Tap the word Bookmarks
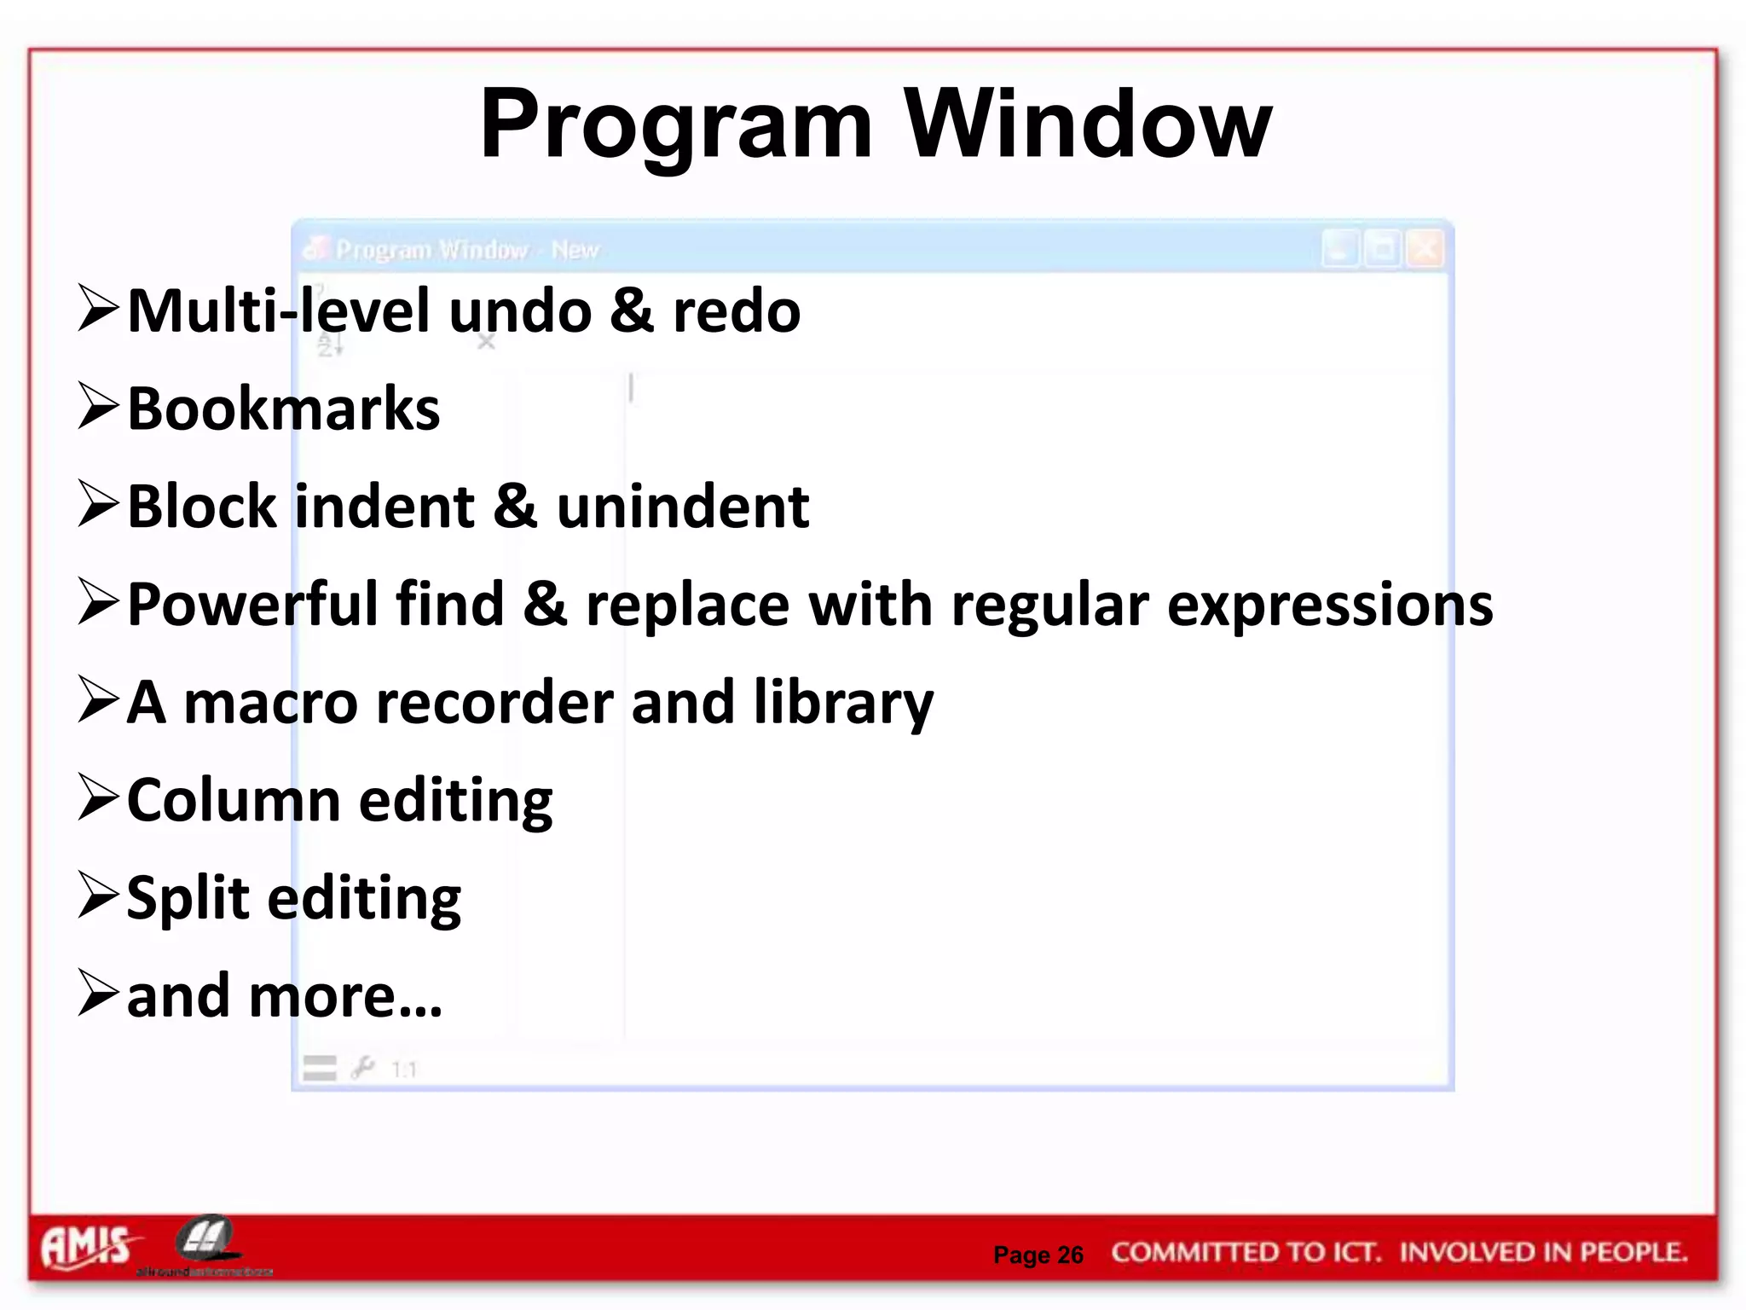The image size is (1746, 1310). (x=283, y=409)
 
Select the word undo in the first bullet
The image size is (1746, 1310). (x=520, y=311)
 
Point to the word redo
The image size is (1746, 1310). (x=737, y=311)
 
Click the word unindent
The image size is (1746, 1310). (x=683, y=507)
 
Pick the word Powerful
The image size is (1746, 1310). (x=251, y=605)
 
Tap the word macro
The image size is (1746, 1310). (x=271, y=703)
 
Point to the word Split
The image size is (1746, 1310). (x=188, y=899)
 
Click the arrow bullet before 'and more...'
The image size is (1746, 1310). (x=97, y=993)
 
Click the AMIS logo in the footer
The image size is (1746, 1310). (x=85, y=1248)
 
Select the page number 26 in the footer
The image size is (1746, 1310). (x=1070, y=1255)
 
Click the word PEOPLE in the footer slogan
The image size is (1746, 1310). (x=1633, y=1251)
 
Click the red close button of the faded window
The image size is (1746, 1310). (x=1425, y=249)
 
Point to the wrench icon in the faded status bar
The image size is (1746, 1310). (x=362, y=1067)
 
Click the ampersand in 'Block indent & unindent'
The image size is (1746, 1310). (x=515, y=507)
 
